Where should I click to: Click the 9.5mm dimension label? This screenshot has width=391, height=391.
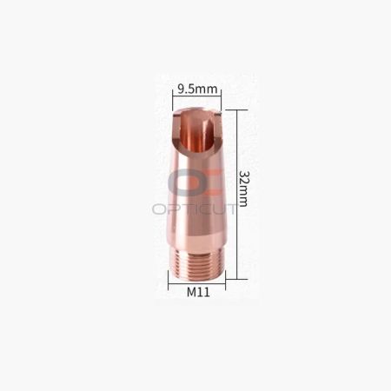click(x=197, y=89)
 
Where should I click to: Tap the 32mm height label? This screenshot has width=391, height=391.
click(x=243, y=189)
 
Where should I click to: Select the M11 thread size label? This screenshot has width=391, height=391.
click(x=198, y=292)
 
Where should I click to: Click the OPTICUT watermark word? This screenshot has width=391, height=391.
click(x=195, y=209)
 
